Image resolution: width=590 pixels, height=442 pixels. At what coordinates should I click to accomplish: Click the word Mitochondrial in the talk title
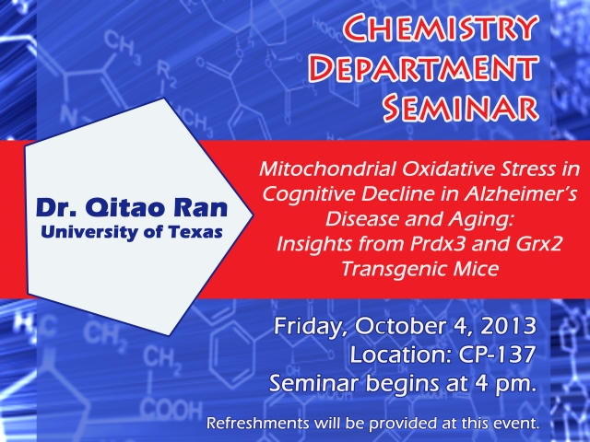(x=327, y=169)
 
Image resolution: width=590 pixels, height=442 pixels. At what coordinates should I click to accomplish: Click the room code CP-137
(x=497, y=354)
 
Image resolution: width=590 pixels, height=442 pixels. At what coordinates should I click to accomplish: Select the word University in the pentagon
(x=89, y=233)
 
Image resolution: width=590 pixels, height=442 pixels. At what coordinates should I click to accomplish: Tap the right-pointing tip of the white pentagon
(x=254, y=215)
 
